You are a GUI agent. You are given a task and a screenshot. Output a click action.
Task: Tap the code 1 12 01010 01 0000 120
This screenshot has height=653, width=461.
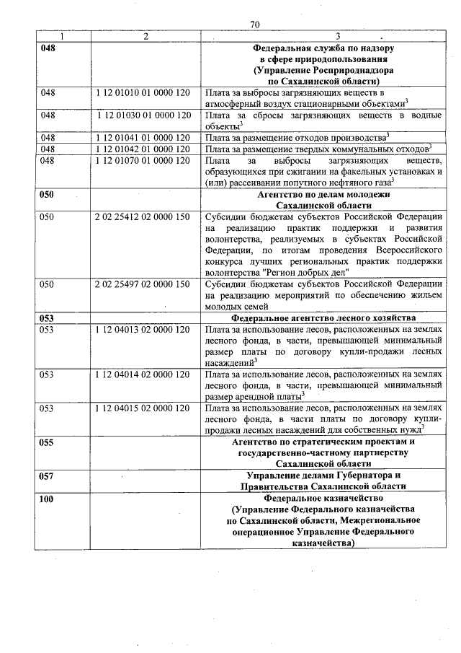click(143, 93)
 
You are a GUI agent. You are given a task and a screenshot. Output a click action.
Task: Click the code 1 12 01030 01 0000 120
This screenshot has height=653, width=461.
click(143, 115)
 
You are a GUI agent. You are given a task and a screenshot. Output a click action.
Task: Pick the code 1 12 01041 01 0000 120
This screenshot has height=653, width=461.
click(143, 137)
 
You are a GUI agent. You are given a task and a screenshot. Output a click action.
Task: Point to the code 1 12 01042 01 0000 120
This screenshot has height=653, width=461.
click(143, 149)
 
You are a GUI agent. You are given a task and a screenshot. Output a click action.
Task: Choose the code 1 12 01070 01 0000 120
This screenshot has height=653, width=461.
click(143, 160)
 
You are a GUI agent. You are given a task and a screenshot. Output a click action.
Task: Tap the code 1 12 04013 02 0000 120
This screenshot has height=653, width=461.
click(143, 329)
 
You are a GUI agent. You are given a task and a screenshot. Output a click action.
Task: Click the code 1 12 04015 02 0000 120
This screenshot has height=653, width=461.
click(143, 408)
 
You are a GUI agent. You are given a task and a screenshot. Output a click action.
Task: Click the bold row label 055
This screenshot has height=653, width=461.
click(47, 442)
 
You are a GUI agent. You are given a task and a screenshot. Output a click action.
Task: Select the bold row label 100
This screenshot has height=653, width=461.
click(47, 498)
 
